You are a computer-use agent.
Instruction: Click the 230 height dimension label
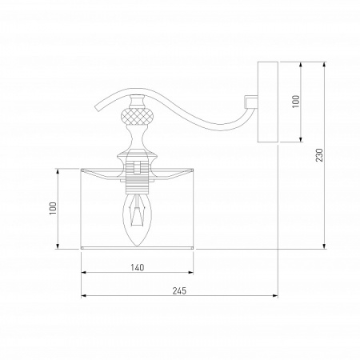319,155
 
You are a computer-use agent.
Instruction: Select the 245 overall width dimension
179,290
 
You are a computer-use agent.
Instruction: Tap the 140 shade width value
138,267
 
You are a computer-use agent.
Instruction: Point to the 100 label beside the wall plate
296,102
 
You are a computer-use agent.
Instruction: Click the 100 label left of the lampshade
53,208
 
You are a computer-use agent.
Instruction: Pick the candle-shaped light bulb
137,220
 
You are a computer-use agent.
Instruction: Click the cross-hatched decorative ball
137,115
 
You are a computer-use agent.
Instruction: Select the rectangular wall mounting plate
268,102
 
